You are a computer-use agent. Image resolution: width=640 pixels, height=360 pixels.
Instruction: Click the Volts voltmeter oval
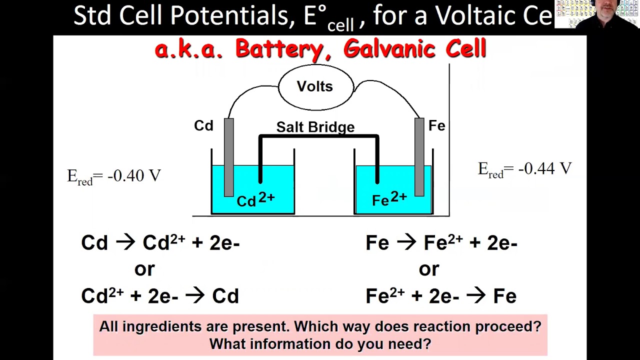[x=315, y=86]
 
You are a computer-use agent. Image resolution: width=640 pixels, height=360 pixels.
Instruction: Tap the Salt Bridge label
[x=315, y=127]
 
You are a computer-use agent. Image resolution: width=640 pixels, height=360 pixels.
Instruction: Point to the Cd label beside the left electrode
[x=203, y=125]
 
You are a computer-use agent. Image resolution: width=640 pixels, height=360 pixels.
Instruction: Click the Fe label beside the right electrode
[x=436, y=125]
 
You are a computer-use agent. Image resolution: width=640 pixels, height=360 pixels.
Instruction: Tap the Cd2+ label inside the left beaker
[x=255, y=199]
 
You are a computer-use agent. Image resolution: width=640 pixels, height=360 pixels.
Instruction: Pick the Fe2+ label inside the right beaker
[x=389, y=199]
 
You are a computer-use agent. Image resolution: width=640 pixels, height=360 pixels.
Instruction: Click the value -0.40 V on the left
[x=133, y=175]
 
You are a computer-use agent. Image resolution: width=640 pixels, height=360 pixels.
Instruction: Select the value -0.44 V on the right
[x=544, y=168]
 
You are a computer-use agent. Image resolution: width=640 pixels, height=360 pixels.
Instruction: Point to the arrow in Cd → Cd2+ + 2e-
[x=125, y=243]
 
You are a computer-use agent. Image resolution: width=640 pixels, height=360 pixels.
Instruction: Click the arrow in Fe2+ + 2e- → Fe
[x=475, y=296]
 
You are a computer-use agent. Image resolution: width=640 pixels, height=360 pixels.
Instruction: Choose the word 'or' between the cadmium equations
[x=144, y=269]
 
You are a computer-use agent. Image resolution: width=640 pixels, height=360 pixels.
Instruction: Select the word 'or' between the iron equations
[x=429, y=269]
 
